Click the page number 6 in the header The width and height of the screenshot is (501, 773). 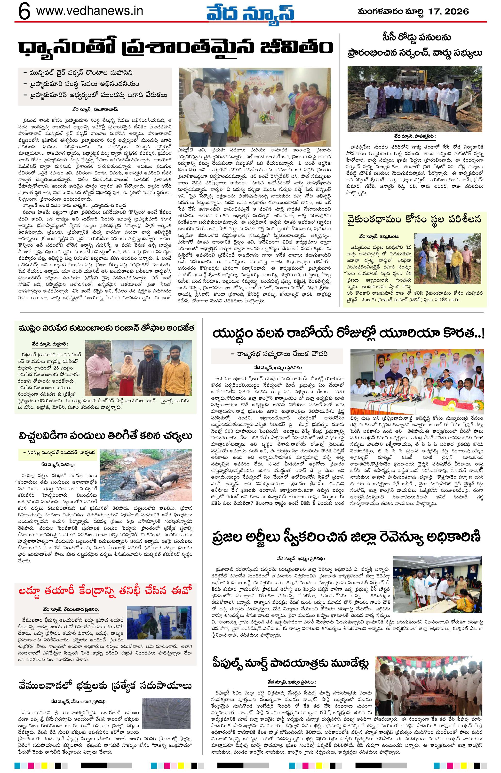point(24,12)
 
